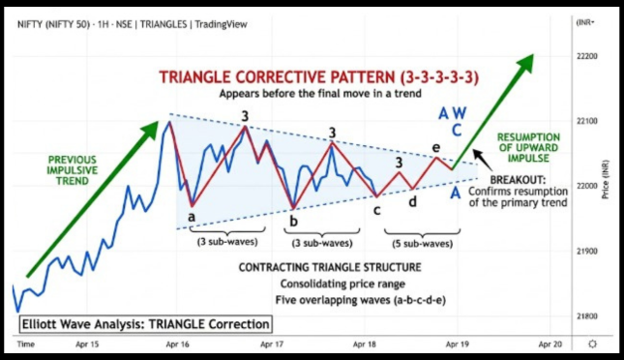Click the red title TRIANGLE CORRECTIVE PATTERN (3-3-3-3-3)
pyautogui.click(x=320, y=76)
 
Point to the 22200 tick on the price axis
pyautogui.click(x=587, y=57)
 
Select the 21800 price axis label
pyautogui.click(x=587, y=316)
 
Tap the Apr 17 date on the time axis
pyautogui.click(x=272, y=344)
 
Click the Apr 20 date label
pyautogui.click(x=549, y=344)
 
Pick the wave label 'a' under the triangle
pyautogui.click(x=192, y=217)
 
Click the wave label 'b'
pyautogui.click(x=292, y=221)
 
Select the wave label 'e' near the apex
pyautogui.click(x=437, y=147)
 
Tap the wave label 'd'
pyautogui.click(x=412, y=202)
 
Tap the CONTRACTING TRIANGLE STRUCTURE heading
pyautogui.click(x=330, y=266)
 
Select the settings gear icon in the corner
pyautogui.click(x=591, y=344)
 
